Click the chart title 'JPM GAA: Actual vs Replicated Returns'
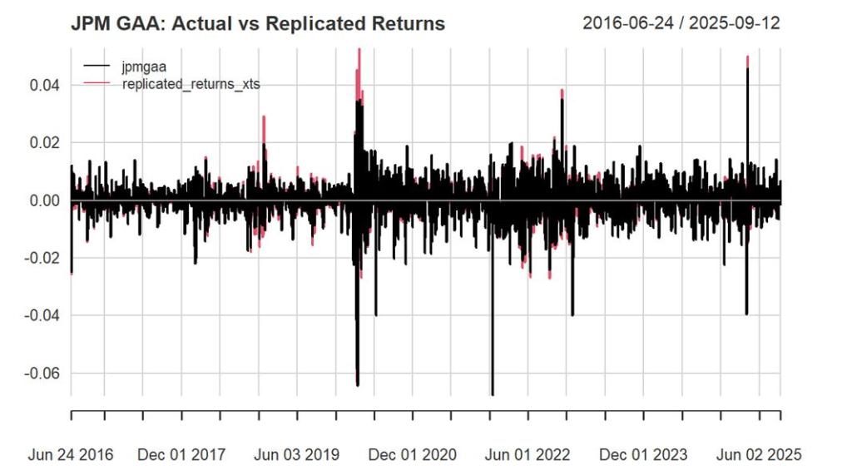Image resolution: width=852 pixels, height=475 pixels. click(259, 23)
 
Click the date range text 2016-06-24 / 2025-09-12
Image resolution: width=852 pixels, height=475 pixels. click(681, 22)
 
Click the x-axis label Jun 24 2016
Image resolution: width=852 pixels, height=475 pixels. click(71, 454)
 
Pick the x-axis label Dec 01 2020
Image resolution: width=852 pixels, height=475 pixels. click(413, 454)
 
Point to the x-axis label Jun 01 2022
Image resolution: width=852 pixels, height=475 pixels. click(528, 454)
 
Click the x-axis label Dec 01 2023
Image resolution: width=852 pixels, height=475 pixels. click(643, 454)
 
